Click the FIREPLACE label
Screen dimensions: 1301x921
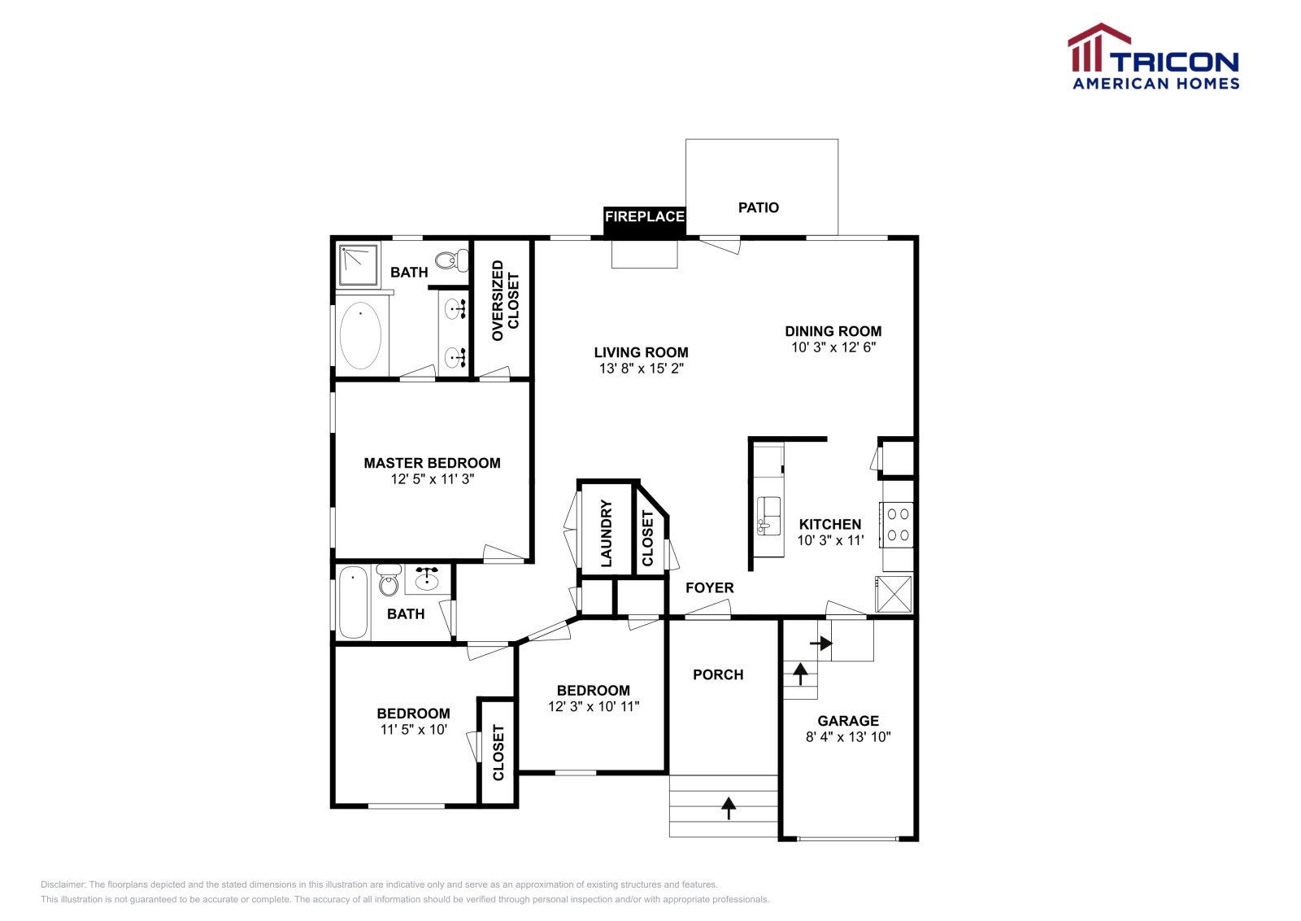(645, 216)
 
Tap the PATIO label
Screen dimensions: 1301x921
(759, 207)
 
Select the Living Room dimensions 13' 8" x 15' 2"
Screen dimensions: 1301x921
(642, 369)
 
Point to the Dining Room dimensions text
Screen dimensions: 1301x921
(833, 347)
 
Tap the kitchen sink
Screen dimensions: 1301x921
(768, 516)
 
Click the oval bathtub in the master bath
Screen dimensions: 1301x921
(361, 335)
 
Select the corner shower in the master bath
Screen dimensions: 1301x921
(359, 265)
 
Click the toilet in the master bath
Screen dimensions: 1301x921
(452, 260)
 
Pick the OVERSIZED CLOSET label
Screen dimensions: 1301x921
(505, 300)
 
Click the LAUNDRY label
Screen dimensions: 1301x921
(607, 534)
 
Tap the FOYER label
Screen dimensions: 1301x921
(710, 588)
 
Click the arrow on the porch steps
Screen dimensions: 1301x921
(729, 808)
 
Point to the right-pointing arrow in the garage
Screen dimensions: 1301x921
(821, 644)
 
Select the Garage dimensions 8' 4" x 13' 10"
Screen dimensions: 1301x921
(848, 737)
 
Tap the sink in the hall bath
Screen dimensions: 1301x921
(427, 579)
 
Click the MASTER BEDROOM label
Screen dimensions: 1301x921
(432, 463)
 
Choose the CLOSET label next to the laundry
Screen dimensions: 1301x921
(647, 538)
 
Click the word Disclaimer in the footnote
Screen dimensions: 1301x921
(63, 884)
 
